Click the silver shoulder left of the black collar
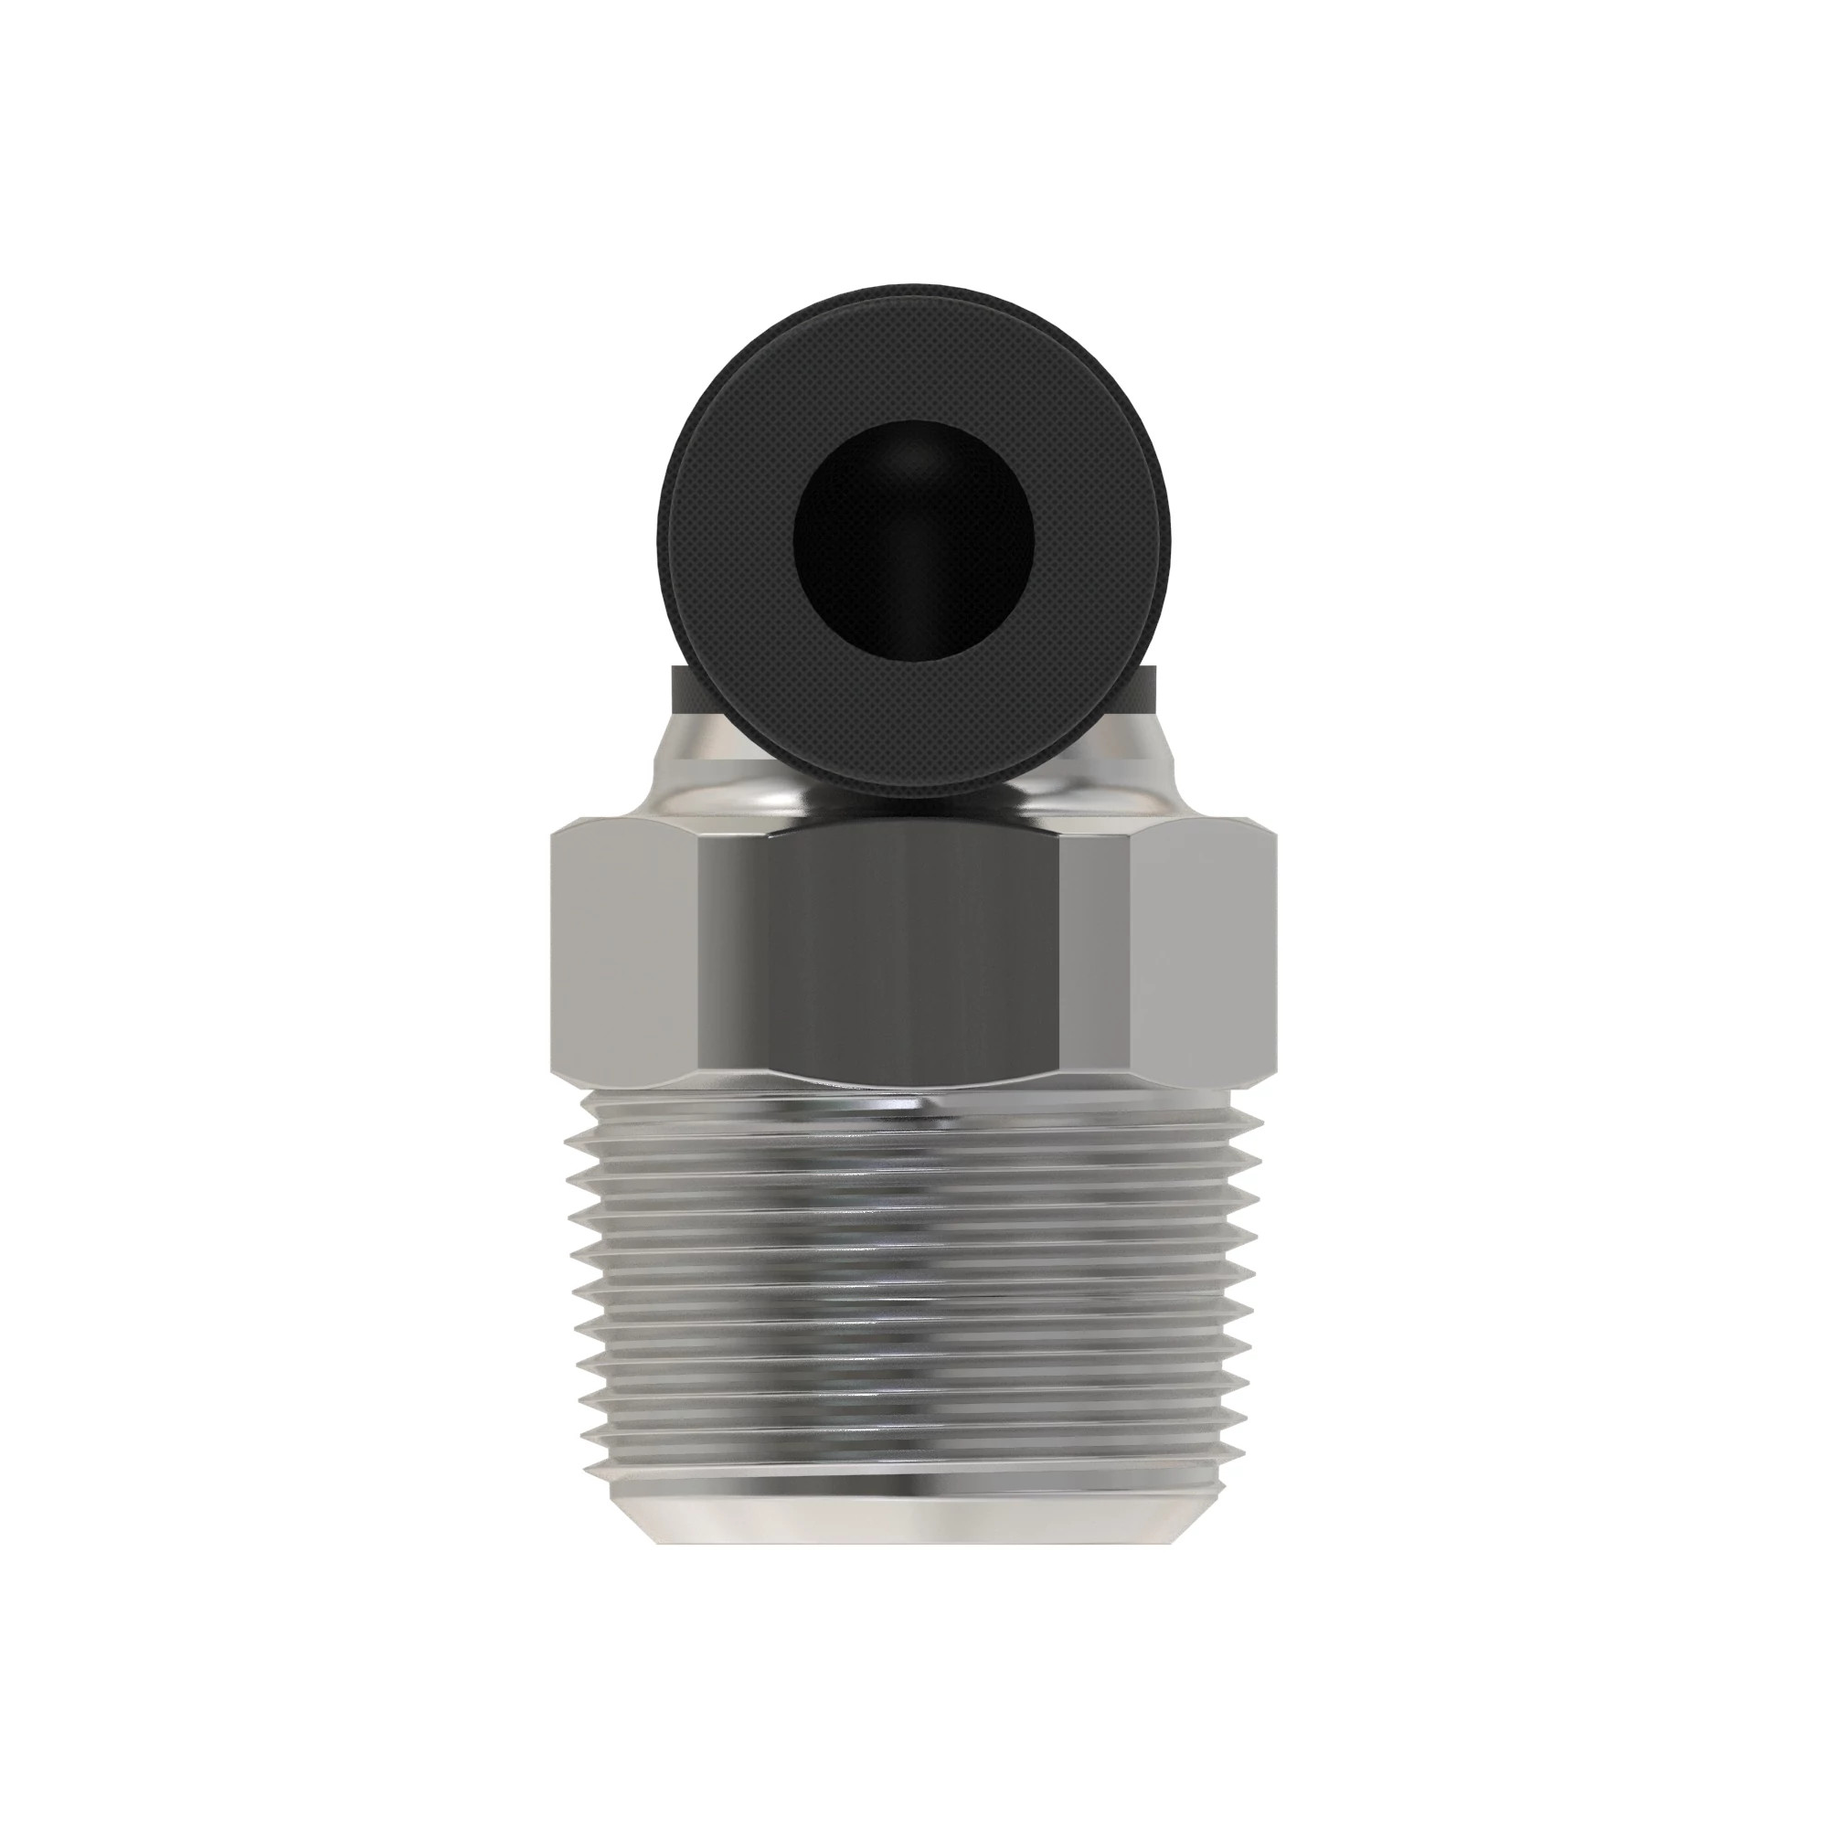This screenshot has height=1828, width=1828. [x=705, y=771]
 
